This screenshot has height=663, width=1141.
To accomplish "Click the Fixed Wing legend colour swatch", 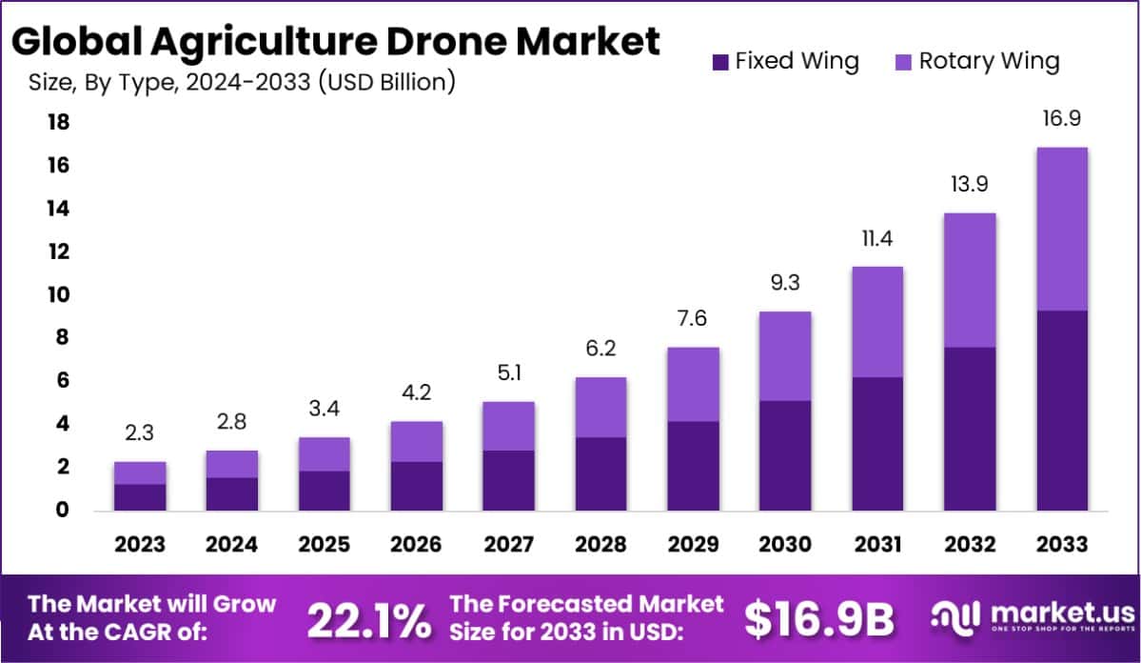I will tap(720, 63).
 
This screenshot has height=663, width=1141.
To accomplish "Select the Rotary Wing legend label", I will tap(989, 62).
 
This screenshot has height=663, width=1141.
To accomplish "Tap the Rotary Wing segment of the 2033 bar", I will tap(1062, 229).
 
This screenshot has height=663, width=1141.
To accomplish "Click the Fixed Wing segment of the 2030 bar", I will tap(785, 455).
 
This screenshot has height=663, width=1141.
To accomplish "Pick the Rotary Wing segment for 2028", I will tap(601, 407).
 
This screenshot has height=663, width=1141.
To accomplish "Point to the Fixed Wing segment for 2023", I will tap(141, 497).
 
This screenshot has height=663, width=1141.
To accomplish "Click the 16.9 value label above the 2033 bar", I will tap(1062, 119).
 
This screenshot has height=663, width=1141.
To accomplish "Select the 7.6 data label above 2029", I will tap(693, 319).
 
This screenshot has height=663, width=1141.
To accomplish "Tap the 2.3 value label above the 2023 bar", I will tap(141, 434).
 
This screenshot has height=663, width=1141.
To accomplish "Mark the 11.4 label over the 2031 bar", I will tap(877, 238).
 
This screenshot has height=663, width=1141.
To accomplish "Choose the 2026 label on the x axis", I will tap(417, 544).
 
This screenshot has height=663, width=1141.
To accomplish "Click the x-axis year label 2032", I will tap(970, 544).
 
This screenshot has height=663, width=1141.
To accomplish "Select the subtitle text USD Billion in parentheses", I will tap(388, 83).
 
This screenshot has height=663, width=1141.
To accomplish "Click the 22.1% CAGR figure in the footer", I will tap(368, 619).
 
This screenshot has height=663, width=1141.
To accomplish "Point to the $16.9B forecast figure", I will tap(818, 619).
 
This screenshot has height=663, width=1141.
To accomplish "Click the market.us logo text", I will tap(1055, 612).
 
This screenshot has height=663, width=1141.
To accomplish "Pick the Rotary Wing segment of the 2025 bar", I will tap(325, 453).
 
